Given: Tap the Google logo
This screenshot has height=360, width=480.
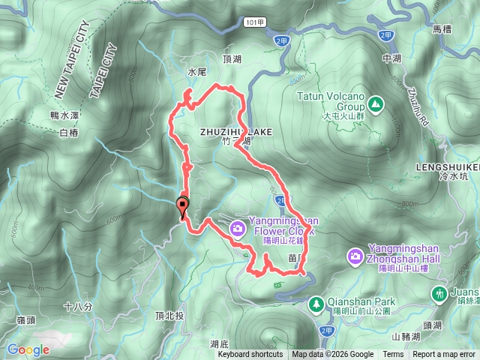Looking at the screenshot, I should [x=28, y=349].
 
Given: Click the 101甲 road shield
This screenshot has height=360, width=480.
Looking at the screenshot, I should [x=253, y=23].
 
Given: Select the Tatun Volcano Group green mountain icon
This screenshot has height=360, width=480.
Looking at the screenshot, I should [x=373, y=102].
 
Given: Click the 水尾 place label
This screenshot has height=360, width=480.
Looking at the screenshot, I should [x=196, y=72].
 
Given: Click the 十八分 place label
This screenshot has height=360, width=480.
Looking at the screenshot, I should [x=77, y=307].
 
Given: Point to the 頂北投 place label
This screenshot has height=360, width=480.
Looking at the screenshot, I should [x=169, y=316].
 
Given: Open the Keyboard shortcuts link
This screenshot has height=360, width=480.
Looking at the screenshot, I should [x=250, y=355].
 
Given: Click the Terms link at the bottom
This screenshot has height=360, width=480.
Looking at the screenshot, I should [x=393, y=355].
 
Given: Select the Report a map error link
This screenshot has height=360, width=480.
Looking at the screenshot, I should [x=444, y=355].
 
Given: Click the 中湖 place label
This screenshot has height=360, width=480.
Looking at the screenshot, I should [x=391, y=58].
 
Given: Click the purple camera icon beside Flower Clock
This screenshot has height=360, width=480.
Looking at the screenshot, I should [x=238, y=228].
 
